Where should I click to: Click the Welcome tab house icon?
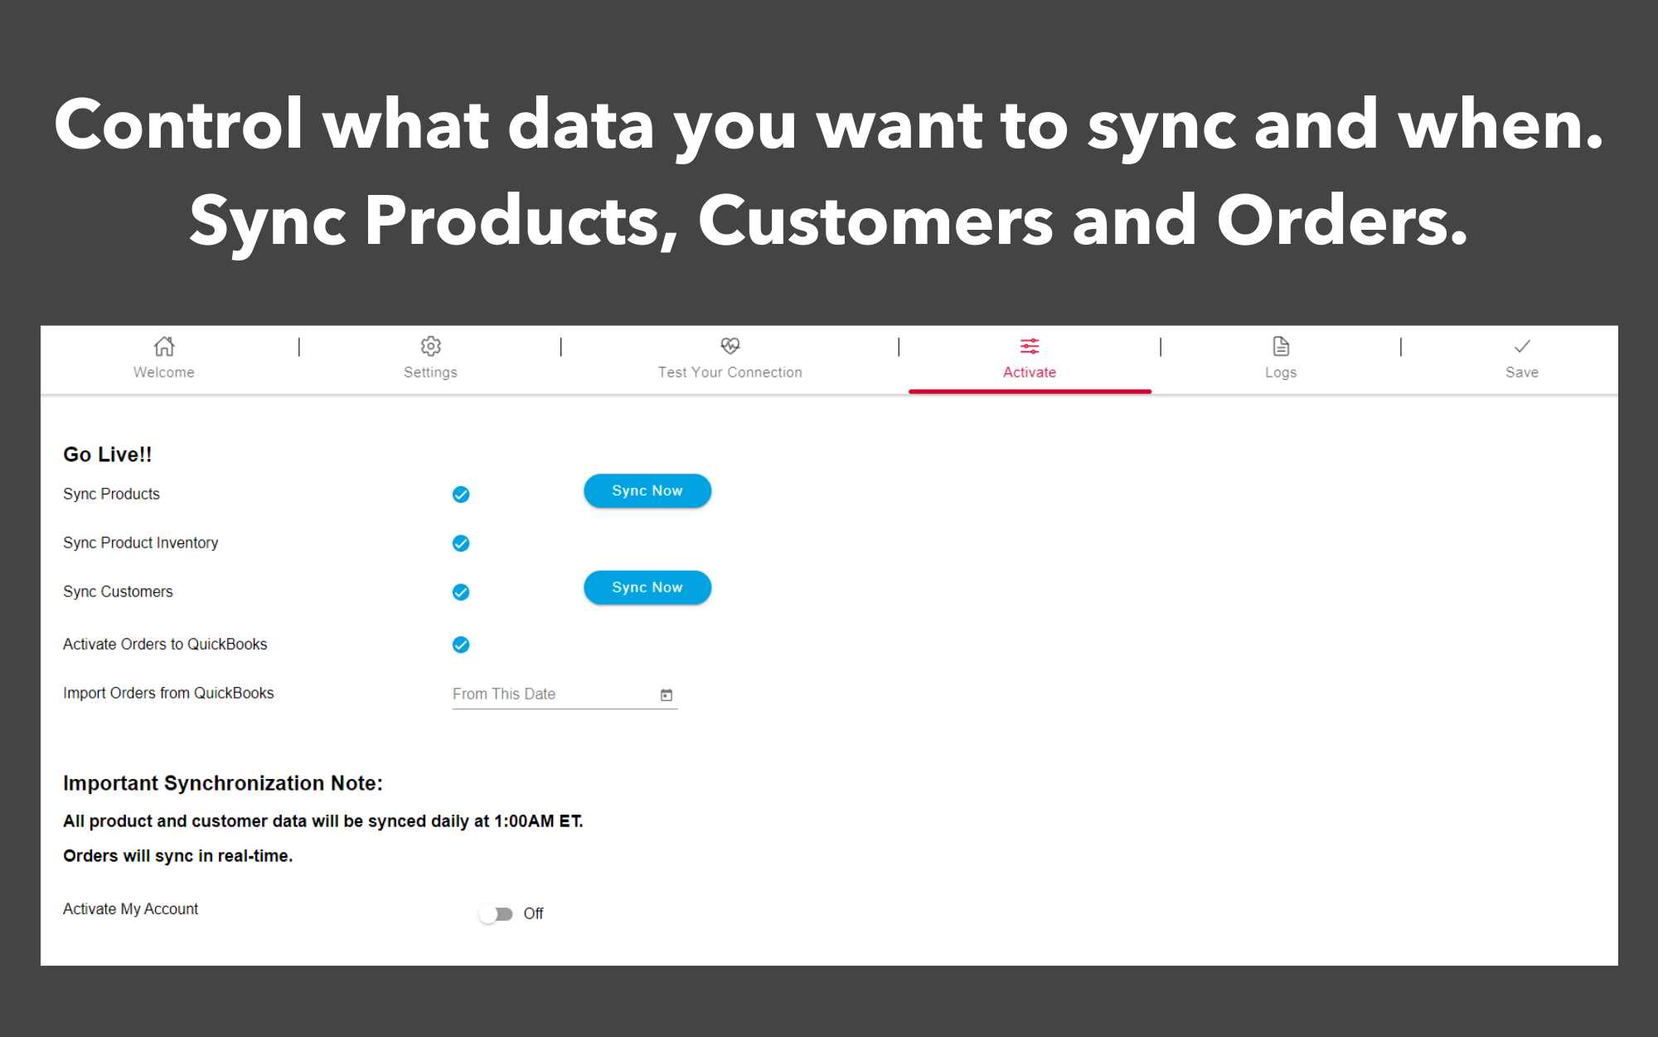tap(164, 346)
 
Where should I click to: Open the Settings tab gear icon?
tap(430, 346)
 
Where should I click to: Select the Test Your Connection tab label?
tap(730, 372)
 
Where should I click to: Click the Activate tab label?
tap(1029, 372)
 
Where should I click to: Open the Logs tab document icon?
tap(1280, 346)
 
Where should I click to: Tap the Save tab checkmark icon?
tap(1521, 346)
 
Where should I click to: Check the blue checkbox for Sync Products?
tap(461, 494)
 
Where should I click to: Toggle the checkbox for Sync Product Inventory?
tap(461, 543)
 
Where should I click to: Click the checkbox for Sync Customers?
tap(461, 592)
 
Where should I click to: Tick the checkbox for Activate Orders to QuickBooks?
tap(461, 645)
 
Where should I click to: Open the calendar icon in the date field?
tap(666, 695)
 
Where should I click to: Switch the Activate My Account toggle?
tap(497, 913)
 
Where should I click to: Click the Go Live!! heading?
tap(107, 455)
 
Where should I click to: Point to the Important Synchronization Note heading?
tap(222, 783)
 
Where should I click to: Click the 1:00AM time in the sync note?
tap(524, 821)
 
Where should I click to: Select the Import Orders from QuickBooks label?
tap(168, 693)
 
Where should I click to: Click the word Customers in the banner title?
tap(875, 222)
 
